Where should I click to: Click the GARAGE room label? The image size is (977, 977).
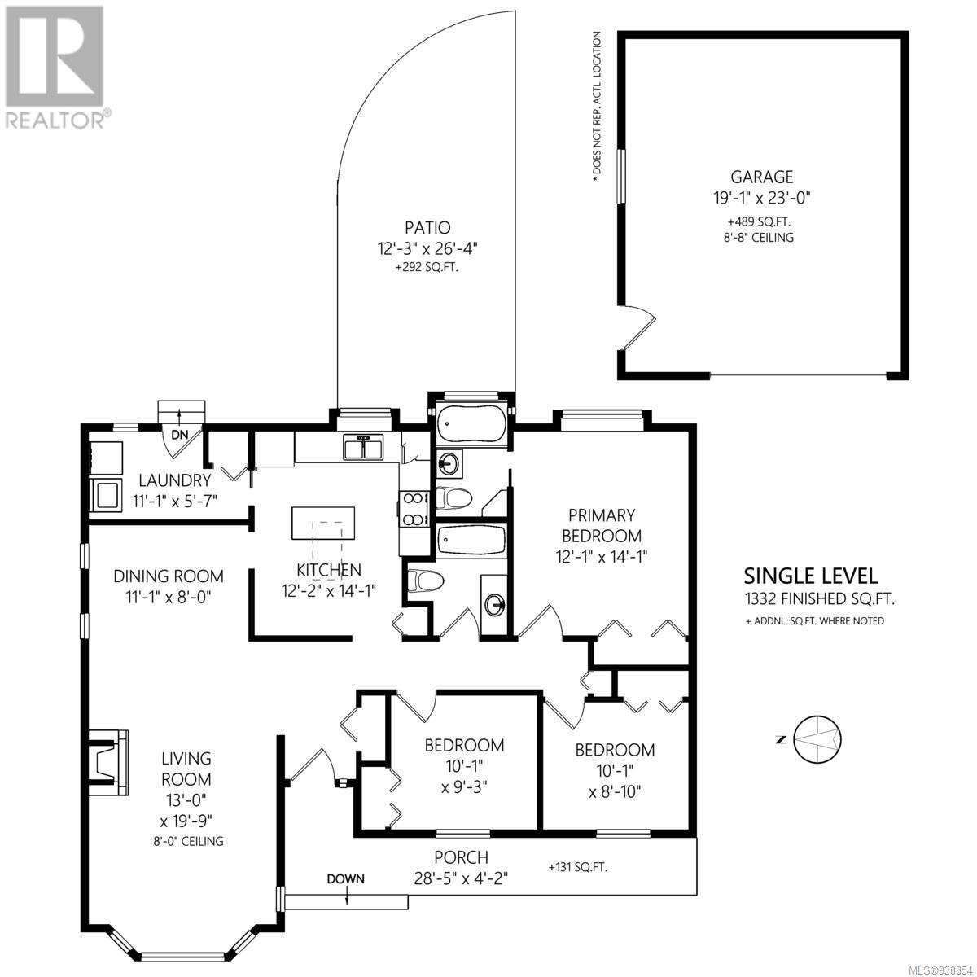click(761, 177)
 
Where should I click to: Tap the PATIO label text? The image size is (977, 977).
click(427, 227)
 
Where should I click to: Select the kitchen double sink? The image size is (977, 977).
click(363, 447)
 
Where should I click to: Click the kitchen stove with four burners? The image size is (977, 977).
click(414, 508)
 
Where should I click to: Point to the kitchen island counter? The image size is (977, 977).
click(323, 523)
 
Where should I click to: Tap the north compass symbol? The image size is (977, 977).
click(817, 739)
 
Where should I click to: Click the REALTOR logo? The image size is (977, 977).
click(56, 68)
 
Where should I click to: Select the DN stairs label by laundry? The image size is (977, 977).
click(179, 435)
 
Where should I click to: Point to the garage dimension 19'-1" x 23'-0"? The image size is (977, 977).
click(762, 198)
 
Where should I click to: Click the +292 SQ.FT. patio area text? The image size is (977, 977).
click(427, 267)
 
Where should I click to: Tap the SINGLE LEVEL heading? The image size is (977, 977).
click(811, 576)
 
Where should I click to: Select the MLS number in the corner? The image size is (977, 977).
click(941, 968)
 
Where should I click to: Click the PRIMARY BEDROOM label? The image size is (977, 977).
click(602, 525)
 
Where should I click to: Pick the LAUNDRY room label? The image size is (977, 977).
click(175, 480)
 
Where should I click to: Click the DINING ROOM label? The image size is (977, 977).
click(169, 576)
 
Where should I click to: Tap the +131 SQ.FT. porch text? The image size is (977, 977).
click(577, 867)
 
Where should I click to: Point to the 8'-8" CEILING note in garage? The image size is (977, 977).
click(759, 237)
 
